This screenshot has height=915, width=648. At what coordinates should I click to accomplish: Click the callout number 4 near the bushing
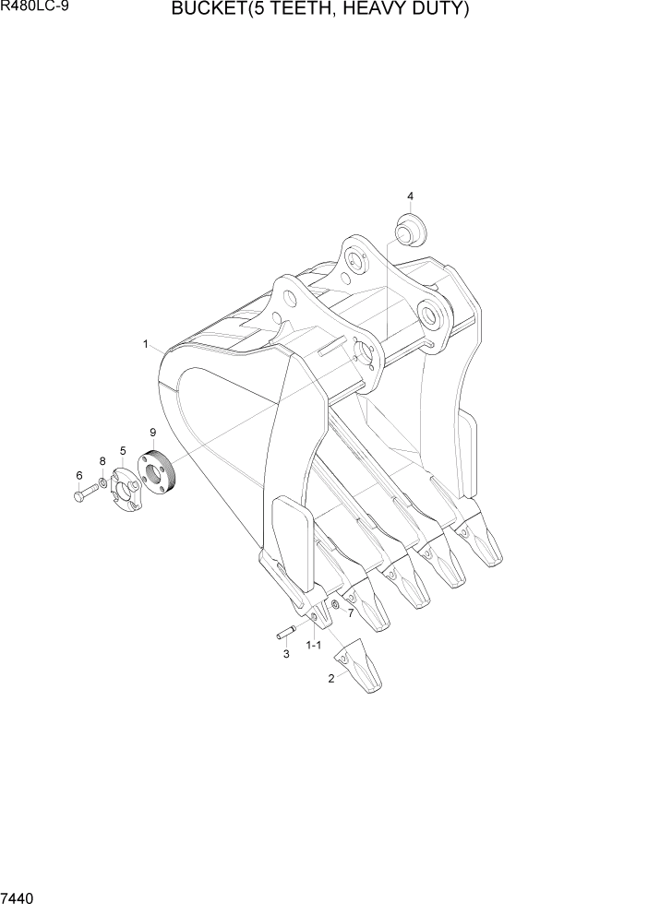410,196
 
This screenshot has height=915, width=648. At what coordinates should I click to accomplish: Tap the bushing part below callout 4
407,228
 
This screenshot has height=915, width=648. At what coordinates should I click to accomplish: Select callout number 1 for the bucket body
146,344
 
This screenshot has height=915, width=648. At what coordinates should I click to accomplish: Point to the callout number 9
152,432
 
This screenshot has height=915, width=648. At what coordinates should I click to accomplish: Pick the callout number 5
122,450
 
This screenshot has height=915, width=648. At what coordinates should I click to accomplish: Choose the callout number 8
102,459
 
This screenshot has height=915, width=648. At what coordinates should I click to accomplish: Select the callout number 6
78,475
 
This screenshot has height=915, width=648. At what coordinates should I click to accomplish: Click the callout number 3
286,654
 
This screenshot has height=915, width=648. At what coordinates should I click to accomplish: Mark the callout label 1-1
313,645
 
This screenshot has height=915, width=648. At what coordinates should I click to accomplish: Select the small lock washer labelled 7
335,605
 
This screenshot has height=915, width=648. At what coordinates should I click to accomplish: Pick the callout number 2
330,679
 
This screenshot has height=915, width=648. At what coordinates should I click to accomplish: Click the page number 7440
19,898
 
